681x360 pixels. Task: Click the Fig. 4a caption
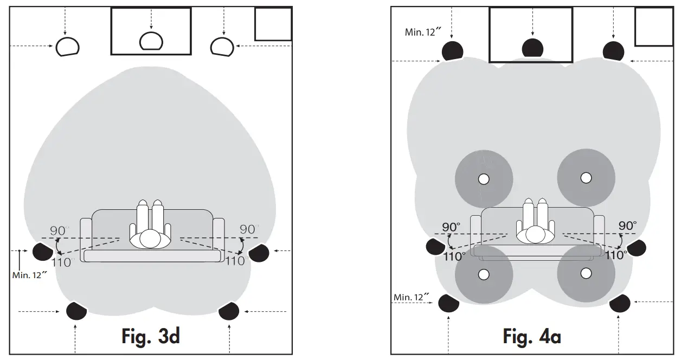point(532,337)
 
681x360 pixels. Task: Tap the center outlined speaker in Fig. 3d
point(151,41)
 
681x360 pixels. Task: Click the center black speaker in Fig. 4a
point(532,48)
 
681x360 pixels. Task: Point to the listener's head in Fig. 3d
point(151,239)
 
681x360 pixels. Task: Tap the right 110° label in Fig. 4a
point(616,255)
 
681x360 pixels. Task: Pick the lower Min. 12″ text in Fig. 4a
point(412,297)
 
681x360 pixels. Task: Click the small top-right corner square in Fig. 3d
point(273,24)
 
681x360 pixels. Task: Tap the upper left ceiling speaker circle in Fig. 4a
point(484,178)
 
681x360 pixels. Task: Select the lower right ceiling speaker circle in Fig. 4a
point(586,273)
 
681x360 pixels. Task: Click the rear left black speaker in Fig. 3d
point(76,311)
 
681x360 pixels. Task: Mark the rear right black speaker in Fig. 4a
point(620,304)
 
